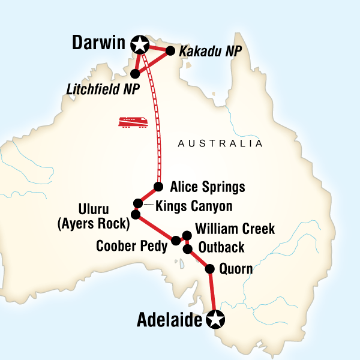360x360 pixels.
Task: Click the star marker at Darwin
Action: [140, 44]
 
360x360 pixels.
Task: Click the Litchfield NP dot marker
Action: [135, 74]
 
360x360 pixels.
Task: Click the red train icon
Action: [133, 122]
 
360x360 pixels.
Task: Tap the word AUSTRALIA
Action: [220, 144]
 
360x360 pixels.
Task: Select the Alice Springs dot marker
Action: [158, 186]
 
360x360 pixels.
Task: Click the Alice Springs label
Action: [208, 187]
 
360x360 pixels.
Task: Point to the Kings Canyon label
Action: [193, 206]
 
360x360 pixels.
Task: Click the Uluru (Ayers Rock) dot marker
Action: [136, 214]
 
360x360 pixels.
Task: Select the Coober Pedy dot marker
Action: [176, 241]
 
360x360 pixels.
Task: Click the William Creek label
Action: [235, 229]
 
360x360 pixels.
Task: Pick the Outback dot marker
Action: [188, 248]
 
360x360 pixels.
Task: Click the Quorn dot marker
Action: [210, 269]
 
